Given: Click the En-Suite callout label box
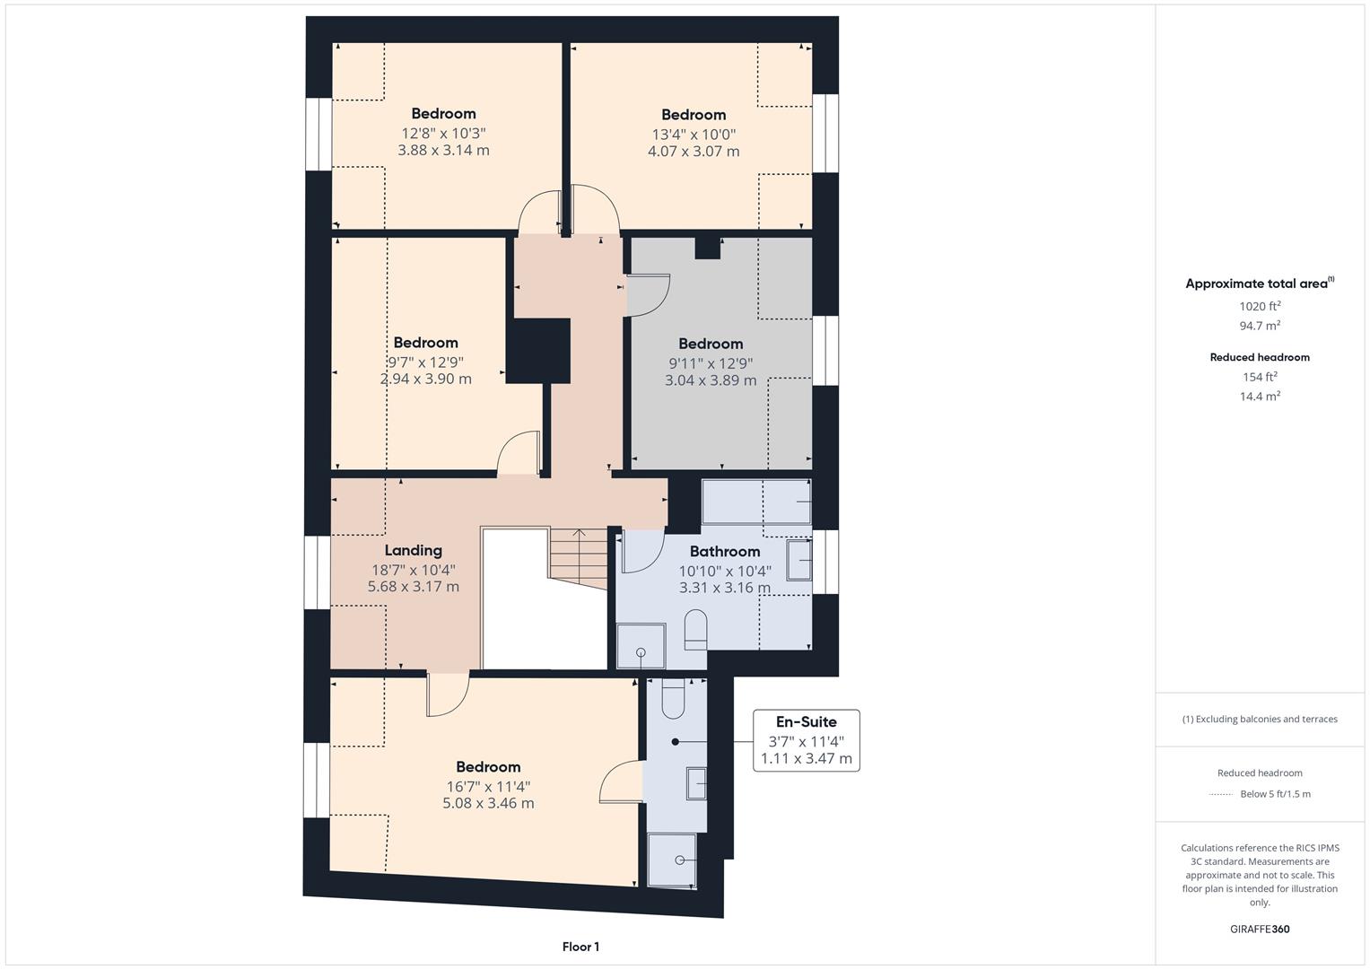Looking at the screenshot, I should tap(806, 740).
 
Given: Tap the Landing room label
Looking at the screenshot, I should tap(413, 551).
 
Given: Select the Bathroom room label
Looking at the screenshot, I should tap(724, 552).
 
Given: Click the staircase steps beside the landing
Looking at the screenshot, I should tap(578, 556).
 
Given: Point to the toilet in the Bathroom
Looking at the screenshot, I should tap(695, 630).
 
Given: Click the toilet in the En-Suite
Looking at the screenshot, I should tap(674, 699).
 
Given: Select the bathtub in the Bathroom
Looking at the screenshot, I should tap(756, 502).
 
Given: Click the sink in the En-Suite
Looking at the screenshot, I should tap(696, 783).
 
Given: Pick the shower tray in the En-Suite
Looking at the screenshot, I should tap(671, 860).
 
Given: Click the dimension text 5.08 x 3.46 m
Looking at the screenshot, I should tap(488, 804).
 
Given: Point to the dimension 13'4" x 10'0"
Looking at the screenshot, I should tap(694, 135).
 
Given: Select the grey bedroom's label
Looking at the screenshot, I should tap(711, 344).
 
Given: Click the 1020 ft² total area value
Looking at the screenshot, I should tap(1260, 306).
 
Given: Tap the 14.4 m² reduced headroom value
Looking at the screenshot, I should tap(1260, 396).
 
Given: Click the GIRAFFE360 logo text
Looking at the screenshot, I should tap(1260, 929).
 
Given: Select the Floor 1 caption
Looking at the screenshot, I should tap(580, 947).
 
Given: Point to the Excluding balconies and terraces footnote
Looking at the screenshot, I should tap(1260, 719).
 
